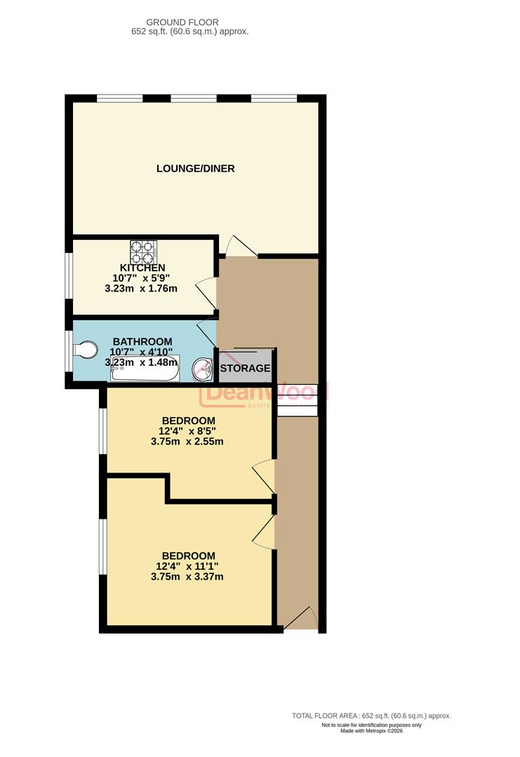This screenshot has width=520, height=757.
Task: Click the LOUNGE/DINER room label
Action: click(x=195, y=168)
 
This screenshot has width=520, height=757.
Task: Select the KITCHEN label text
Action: click(x=142, y=268)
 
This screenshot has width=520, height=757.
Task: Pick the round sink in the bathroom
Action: click(x=204, y=368)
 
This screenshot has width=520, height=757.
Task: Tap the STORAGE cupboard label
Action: click(x=245, y=368)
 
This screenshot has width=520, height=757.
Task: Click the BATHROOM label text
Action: click(x=142, y=341)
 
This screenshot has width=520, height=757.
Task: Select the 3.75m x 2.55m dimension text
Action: click(x=187, y=442)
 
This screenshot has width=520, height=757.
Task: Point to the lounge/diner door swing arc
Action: click(x=241, y=245)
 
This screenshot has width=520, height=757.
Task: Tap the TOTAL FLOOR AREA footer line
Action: click(x=371, y=716)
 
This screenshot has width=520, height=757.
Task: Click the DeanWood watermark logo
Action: click(x=263, y=394)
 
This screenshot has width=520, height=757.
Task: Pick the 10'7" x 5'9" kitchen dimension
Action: click(x=142, y=278)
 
